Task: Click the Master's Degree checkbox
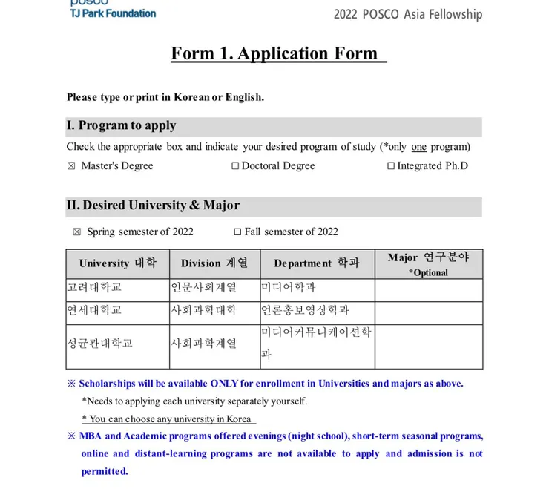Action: pos(71,166)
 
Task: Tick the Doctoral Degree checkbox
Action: pos(235,166)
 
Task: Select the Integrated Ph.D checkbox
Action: pos(391,166)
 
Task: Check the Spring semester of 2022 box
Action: pos(77,232)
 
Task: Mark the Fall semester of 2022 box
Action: pos(237,232)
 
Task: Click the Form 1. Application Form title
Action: pos(278,53)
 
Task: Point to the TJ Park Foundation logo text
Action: pos(113,13)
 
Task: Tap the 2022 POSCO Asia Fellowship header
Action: pos(407,14)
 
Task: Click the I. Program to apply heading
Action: pos(122,125)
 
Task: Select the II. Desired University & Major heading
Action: pos(154,205)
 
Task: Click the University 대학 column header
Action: pos(117,263)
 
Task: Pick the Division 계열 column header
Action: pos(214,263)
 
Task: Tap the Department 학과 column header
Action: pos(316,263)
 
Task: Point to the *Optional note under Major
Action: pos(428,272)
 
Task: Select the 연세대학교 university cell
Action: pos(94,310)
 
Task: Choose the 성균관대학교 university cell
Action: pos(100,343)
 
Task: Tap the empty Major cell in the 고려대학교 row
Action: pos(428,289)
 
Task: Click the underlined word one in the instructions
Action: pos(418,146)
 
